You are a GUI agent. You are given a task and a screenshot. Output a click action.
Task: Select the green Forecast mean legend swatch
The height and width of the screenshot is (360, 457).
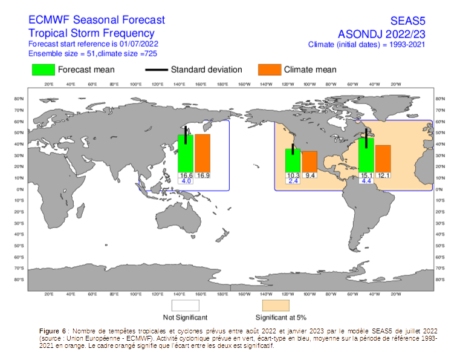pos(44,70)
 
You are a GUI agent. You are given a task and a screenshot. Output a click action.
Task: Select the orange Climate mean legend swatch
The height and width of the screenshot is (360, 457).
pos(269,70)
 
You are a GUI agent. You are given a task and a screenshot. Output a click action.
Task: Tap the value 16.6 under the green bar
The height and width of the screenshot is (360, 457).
pos(186,175)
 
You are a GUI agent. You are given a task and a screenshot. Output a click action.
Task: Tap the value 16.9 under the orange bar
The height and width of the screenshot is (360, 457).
pos(203,175)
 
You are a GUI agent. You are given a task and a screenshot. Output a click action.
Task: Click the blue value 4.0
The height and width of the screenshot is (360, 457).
pos(186,182)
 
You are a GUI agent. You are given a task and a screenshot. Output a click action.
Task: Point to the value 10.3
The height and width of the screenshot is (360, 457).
pos(293,175)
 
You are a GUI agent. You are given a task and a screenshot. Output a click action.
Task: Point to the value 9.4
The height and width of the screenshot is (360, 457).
pos(310,175)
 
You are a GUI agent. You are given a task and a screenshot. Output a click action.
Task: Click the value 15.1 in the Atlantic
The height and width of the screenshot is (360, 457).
pos(366,175)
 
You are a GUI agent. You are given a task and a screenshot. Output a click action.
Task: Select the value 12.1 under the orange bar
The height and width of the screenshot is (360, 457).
pos(383,175)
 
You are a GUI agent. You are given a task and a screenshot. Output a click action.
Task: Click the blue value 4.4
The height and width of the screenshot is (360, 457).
pos(366,182)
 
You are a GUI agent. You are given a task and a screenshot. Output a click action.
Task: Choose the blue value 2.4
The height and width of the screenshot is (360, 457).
pos(293,182)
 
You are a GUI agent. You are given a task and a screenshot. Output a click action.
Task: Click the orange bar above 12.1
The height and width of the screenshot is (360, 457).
pos(383,159)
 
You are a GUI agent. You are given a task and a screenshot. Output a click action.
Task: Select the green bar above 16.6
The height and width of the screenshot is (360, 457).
pos(186,154)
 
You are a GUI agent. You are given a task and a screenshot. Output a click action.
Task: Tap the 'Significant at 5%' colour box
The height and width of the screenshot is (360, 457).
pos(276,305)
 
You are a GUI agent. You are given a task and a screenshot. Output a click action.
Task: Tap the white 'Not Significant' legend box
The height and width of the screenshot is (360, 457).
pos(186,305)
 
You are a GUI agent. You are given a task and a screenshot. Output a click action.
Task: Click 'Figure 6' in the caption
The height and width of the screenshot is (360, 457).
pos(52,332)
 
